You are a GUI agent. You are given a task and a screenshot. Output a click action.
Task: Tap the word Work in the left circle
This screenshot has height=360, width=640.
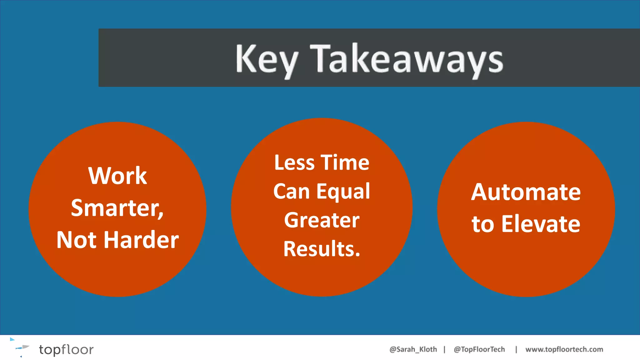117,176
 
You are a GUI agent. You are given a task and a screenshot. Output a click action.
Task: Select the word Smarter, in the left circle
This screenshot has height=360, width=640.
117,208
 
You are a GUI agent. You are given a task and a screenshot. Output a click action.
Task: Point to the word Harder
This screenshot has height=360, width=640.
141,240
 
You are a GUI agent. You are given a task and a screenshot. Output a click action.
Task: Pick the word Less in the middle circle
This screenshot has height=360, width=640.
294,163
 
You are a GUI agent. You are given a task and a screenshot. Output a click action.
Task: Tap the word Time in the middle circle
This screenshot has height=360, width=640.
345,163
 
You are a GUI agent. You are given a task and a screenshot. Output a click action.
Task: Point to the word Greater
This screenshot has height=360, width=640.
322,220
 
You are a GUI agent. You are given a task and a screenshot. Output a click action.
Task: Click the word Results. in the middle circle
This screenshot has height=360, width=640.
322,249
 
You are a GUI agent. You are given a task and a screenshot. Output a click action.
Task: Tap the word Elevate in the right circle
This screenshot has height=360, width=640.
541,224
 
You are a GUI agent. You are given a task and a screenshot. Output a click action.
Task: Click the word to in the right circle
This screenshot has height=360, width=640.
483,224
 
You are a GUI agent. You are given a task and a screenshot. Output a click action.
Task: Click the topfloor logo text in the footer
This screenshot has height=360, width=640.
66,350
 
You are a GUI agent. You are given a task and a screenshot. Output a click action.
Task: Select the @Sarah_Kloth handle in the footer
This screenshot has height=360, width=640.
413,349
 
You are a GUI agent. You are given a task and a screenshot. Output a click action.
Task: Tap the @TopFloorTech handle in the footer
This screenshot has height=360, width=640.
479,349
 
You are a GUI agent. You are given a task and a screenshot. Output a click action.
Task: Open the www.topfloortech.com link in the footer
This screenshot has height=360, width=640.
564,349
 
